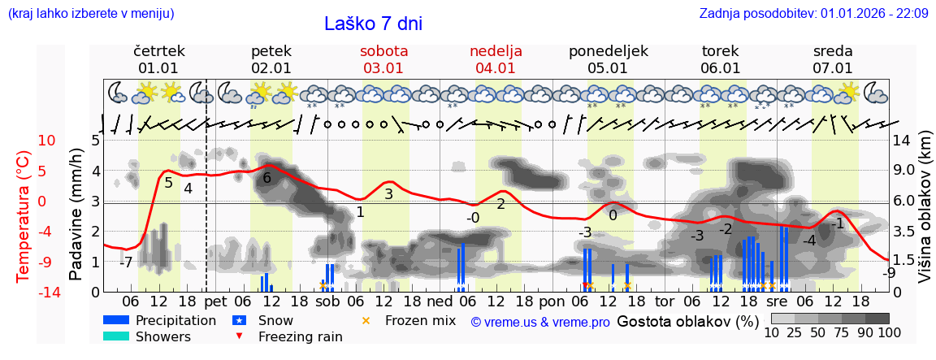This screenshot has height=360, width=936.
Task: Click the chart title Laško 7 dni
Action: (373, 24)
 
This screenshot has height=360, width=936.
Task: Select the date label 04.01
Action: (496, 68)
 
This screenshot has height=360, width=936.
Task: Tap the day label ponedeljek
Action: (608, 51)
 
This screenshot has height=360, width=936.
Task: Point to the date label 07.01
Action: (833, 68)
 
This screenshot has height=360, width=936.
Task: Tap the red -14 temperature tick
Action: (48, 293)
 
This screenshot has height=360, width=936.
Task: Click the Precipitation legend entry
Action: (176, 320)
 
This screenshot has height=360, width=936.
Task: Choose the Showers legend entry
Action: (163, 336)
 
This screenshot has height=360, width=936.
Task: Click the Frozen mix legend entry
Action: (420, 320)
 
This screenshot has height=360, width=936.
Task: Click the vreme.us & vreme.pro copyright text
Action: (540, 322)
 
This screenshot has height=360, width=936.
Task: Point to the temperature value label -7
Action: (126, 262)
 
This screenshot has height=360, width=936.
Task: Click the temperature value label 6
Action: (266, 178)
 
